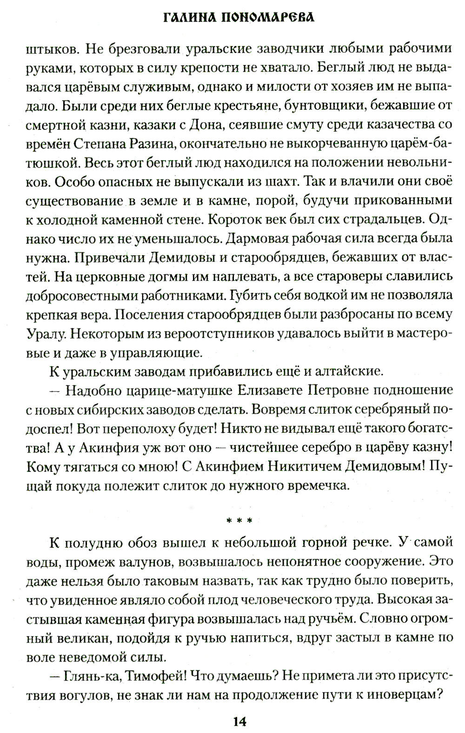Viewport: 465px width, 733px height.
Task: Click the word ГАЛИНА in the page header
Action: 195,18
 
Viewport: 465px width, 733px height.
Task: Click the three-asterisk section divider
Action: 239,521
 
